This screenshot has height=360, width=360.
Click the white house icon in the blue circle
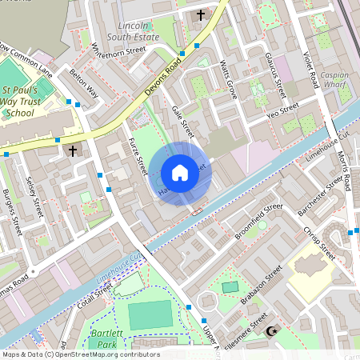(x=180, y=173)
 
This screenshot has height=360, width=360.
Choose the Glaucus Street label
(x=276, y=71)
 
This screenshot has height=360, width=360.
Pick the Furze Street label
(x=138, y=156)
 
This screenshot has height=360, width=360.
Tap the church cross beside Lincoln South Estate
(x=200, y=15)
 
